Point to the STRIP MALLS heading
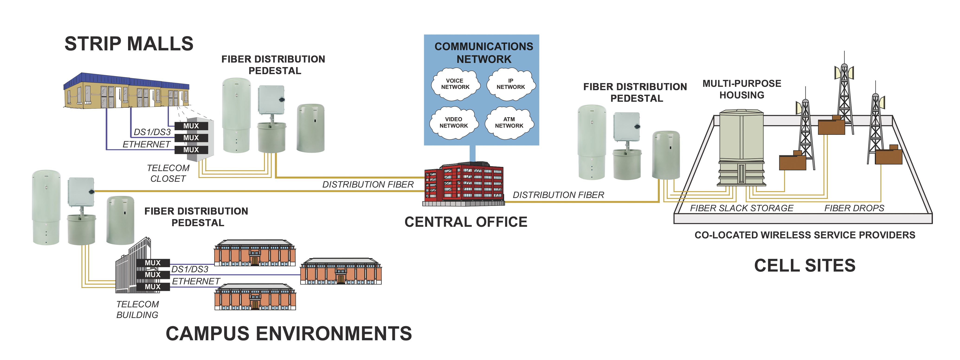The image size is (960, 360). coord(129,44)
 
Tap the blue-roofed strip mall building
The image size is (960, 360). coord(127,91)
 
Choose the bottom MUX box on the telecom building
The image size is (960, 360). coord(153,287)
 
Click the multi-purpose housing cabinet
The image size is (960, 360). coord(742,147)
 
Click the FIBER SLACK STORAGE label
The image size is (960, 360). coord(742,208)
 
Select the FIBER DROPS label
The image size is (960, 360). coord(854,208)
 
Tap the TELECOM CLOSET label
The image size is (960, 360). coord(168,173)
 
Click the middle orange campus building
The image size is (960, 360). coord(341,271)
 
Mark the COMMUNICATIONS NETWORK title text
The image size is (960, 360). coord(484,52)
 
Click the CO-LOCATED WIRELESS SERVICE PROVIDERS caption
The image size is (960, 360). coord(805,235)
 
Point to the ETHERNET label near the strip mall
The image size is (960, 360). coord(146,144)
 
